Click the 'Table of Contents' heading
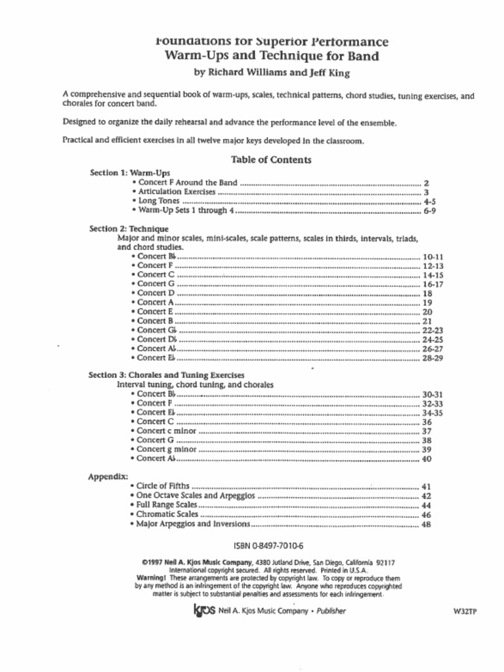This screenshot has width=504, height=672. pos(271,159)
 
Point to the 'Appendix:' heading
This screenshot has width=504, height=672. pos(108,476)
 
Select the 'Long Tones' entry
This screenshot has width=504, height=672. pos(156,201)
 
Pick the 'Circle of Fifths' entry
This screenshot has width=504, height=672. pos(163,486)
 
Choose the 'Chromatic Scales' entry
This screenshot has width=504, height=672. pos(167,515)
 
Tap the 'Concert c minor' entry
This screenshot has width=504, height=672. pos(167,431)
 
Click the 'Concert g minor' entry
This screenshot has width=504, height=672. pos(167,450)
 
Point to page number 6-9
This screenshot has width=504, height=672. pos(430,211)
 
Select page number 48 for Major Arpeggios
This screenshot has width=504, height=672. pos(427,525)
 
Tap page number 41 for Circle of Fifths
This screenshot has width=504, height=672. pos(427,487)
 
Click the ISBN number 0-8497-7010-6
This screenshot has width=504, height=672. pos(268,546)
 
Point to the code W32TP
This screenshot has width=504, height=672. pos(465,612)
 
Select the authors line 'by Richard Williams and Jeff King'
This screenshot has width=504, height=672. pos(271,72)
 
